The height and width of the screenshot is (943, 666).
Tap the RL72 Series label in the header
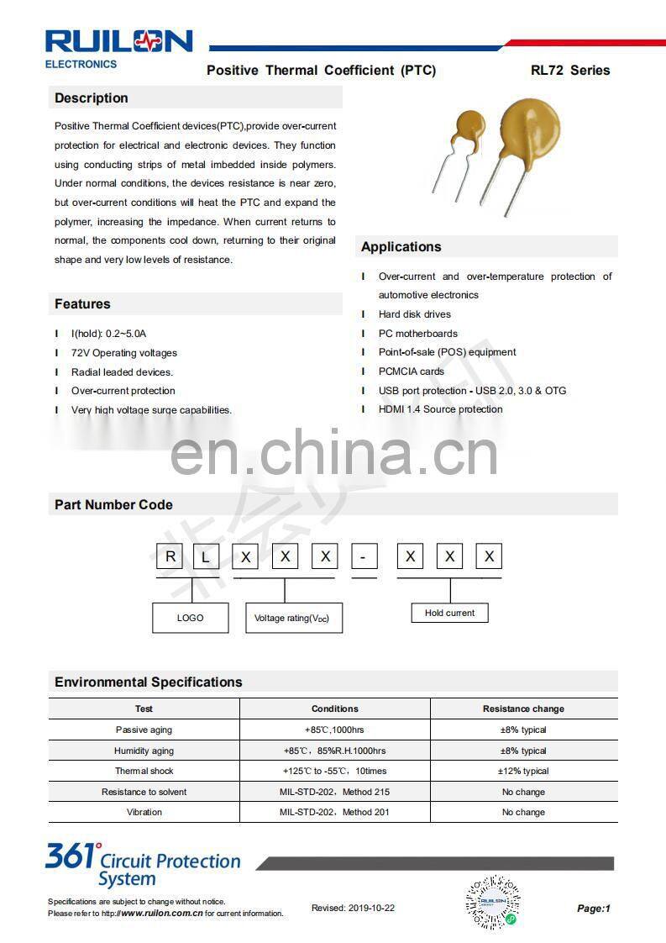[570, 71]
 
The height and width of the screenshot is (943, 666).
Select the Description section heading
[92, 98]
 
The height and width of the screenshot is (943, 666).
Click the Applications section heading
[401, 247]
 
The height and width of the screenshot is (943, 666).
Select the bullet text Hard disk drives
[414, 314]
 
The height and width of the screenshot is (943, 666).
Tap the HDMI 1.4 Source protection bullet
[440, 409]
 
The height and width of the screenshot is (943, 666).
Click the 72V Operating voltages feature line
[123, 353]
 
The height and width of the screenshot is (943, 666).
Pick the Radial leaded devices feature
[122, 372]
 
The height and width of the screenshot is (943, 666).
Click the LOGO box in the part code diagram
[191, 618]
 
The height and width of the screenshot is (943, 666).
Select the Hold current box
[449, 613]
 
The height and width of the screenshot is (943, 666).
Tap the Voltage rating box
[293, 618]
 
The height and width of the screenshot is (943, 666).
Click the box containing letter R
[171, 556]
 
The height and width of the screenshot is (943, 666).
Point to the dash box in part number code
[364, 556]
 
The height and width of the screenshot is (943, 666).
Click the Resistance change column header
[523, 709]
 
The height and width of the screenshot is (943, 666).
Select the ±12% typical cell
[523, 771]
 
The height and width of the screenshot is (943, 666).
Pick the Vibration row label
[144, 812]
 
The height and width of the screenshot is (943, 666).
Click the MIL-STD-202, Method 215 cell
[334, 792]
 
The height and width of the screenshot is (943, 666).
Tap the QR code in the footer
[492, 902]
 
